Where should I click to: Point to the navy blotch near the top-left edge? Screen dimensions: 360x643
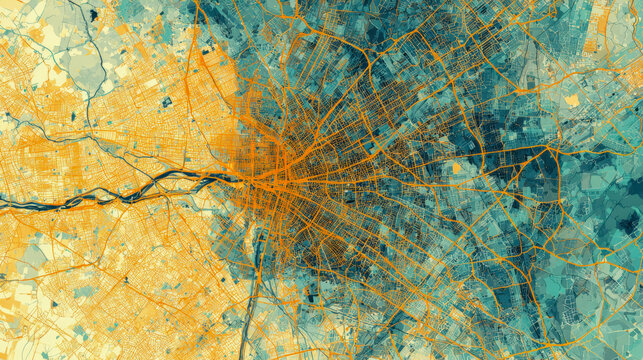click(93, 14)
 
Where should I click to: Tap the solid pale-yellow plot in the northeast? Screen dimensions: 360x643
click(572, 100)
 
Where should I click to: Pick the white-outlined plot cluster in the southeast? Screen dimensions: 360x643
click(580, 300)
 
